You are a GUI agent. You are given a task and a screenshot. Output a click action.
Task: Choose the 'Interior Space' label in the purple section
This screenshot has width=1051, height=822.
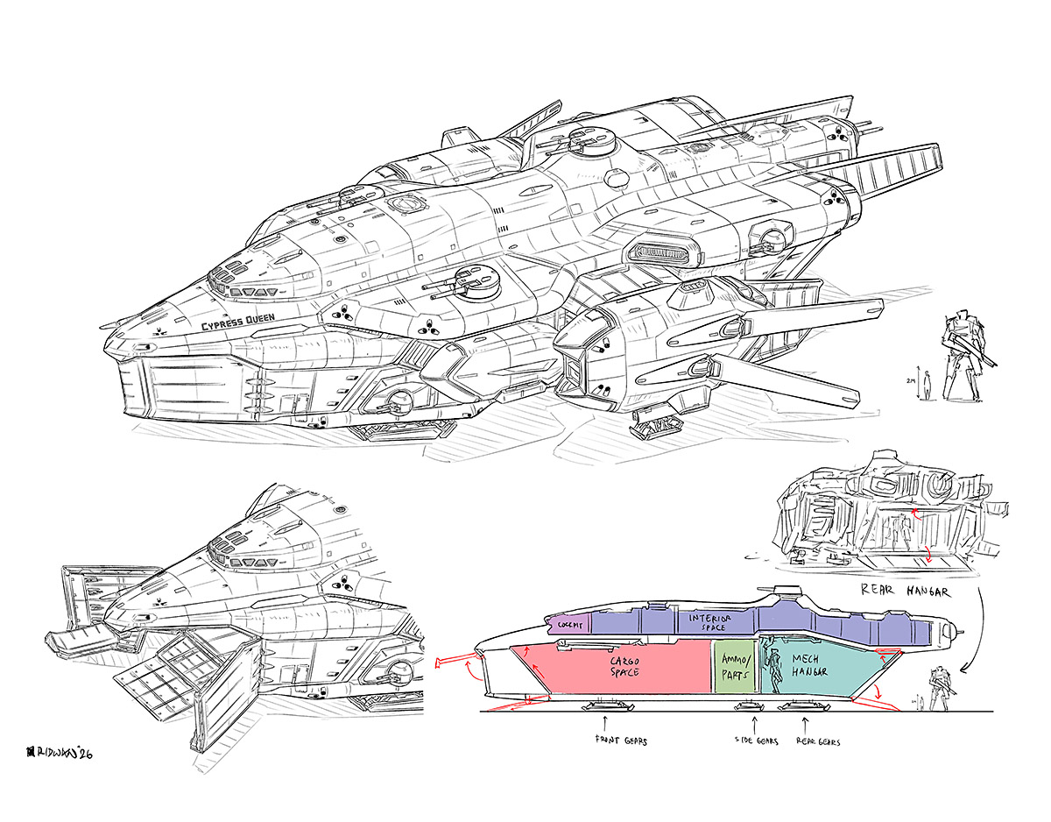709,621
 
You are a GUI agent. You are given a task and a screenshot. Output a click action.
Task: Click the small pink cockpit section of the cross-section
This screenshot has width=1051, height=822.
566,624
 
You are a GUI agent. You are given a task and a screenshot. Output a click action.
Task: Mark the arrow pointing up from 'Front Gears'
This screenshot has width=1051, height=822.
604,723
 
